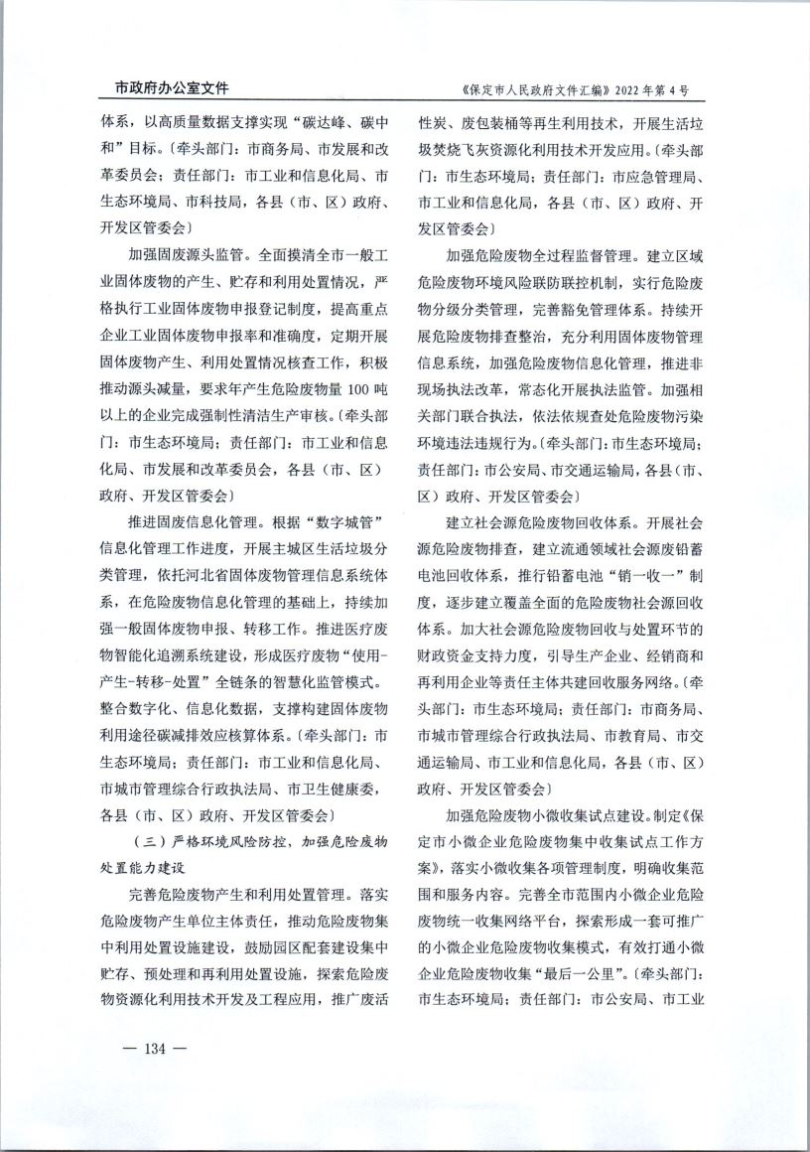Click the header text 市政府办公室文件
(x=165, y=88)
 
